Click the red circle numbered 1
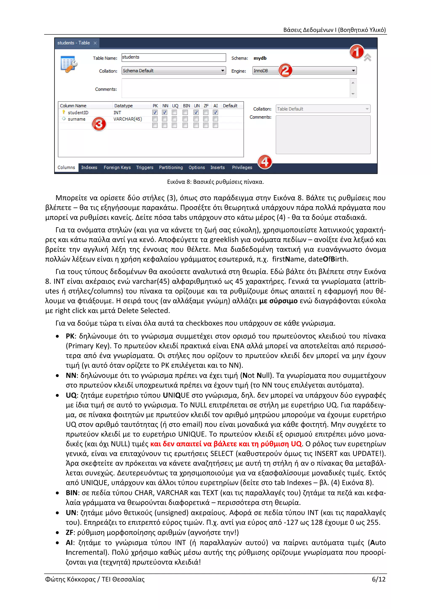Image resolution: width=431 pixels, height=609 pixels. tap(356, 52)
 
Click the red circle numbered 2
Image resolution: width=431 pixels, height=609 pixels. tap(285, 70)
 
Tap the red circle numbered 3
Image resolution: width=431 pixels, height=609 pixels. tap(99, 124)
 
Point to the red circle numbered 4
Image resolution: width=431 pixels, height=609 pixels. tap(265, 162)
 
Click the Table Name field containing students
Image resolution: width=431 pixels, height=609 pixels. tap(173, 57)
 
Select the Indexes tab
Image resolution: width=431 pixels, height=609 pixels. tap(89, 167)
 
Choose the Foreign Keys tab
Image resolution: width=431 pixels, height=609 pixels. tap(117, 167)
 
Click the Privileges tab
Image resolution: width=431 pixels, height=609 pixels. tap(242, 167)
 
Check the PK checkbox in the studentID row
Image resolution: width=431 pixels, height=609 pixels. tap(155, 112)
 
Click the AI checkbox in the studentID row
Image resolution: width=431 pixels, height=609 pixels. tap(215, 112)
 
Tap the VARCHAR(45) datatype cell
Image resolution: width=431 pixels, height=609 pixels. tap(128, 119)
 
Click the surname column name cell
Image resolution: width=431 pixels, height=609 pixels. tap(76, 119)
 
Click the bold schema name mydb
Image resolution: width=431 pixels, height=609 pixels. tap(260, 58)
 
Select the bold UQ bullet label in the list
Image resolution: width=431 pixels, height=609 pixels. tap(71, 395)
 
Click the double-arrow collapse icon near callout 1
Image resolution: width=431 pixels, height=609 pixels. tap(367, 58)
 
